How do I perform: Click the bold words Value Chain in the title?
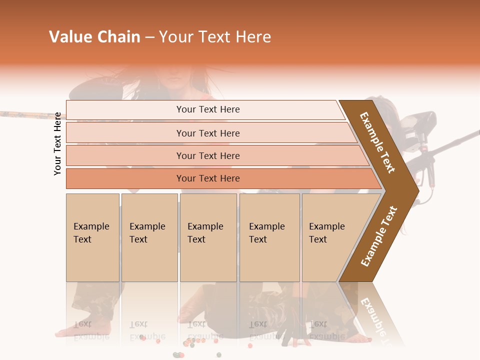tap(94, 37)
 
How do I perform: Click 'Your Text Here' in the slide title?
tap(215, 37)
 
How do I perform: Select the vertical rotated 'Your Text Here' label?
tap(57, 143)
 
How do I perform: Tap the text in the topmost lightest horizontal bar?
tap(208, 109)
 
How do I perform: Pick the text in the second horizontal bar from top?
tap(208, 133)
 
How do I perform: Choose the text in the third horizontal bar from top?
tap(208, 155)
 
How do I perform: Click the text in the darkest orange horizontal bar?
tap(208, 178)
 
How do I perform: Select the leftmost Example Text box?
tap(92, 237)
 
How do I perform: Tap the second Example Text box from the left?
tap(149, 237)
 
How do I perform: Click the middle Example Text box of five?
tap(207, 237)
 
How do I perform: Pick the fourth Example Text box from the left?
tap(269, 237)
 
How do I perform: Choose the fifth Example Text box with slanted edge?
tap(330, 237)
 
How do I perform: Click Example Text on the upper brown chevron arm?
tap(377, 142)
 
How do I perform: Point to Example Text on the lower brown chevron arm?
tap(378, 236)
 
